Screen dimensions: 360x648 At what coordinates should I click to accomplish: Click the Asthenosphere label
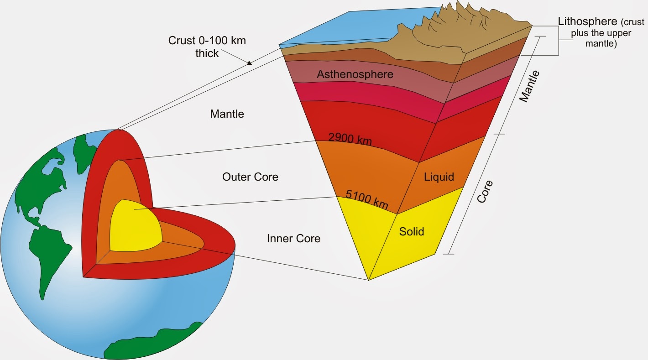[x=355, y=74]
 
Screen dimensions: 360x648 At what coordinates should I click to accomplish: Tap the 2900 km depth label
[x=350, y=138]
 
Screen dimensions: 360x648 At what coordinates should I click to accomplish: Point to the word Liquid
[x=439, y=177]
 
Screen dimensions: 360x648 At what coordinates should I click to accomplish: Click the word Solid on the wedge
[x=412, y=231]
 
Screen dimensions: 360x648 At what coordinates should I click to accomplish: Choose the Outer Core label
[x=250, y=177]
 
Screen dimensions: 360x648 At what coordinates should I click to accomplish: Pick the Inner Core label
[x=293, y=238]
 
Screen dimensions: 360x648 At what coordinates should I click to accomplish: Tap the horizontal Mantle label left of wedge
[x=227, y=114]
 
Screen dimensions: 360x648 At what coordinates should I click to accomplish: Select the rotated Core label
[x=485, y=192]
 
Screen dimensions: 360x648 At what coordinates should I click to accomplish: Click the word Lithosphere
[x=586, y=21]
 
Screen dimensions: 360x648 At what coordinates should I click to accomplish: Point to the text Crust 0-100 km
[x=207, y=41]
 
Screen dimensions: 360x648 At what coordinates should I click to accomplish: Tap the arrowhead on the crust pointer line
[x=249, y=63]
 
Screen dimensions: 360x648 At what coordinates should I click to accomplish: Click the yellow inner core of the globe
[x=135, y=226]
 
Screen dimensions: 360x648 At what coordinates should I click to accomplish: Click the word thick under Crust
[x=207, y=53]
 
